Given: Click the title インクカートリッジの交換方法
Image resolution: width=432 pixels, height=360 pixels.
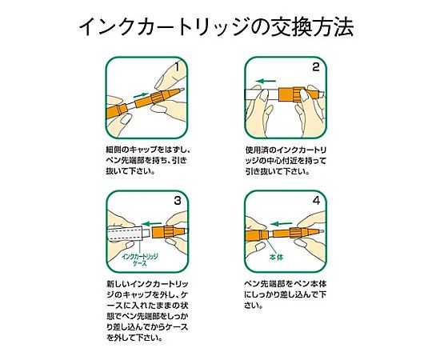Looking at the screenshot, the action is (216, 27).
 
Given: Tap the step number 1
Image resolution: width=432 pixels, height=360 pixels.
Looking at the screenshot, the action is (178, 66).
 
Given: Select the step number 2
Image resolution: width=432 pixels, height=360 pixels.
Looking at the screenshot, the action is (316, 67).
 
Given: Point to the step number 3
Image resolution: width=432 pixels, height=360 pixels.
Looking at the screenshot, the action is (178, 201).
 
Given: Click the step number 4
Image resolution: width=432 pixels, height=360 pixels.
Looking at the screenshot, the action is (316, 201).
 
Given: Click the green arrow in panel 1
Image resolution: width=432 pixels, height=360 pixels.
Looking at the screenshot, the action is (141, 95).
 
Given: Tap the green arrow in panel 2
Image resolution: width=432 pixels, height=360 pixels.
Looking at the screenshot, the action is (266, 81).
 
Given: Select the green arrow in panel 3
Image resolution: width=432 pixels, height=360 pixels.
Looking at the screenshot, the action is (151, 223).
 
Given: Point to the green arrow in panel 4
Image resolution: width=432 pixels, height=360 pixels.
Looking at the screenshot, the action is (281, 223).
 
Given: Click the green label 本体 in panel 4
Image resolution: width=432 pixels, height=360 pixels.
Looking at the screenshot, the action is (276, 258).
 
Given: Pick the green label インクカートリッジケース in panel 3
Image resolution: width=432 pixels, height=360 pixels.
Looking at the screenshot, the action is (140, 260).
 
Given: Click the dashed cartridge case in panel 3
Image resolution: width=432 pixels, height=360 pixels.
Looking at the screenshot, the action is (126, 234).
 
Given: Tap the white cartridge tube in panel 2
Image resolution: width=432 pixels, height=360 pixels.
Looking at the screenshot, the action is (262, 94).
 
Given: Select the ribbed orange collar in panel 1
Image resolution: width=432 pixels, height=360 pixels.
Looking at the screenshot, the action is (158, 98).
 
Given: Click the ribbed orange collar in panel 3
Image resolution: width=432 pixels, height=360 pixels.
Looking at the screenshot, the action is (169, 232).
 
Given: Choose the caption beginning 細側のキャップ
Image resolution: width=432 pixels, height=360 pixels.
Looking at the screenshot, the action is (148, 160).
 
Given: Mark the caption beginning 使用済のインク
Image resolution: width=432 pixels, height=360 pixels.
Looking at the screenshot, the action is (286, 160).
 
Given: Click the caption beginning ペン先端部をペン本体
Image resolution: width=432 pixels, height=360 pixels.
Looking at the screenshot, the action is (286, 294).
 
